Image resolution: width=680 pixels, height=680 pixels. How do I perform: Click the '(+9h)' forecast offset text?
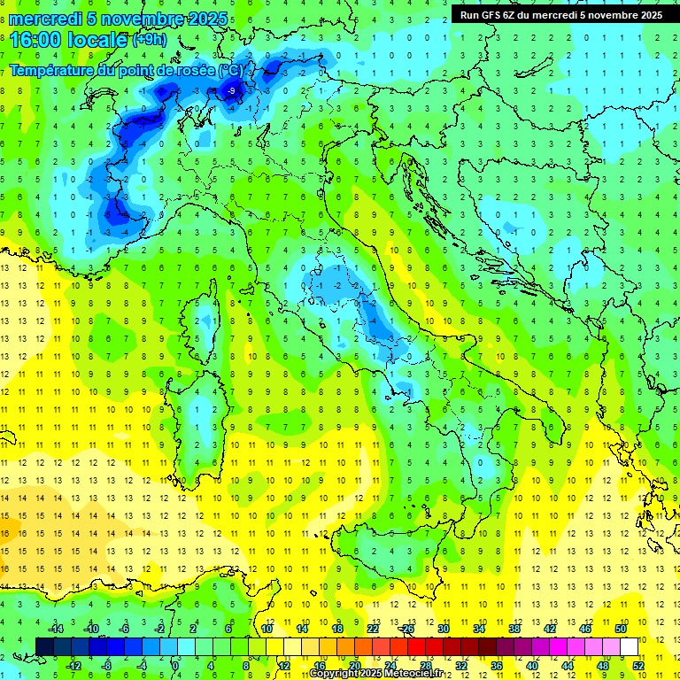tap(148, 40)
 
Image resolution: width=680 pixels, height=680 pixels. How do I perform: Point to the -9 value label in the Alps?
tap(232, 90)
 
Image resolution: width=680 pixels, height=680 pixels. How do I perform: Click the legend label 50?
tap(620, 628)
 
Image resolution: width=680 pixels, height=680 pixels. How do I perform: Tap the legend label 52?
tap(637, 665)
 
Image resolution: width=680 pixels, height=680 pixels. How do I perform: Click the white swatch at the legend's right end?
tap(629, 646)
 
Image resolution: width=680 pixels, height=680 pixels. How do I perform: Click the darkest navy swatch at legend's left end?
tap(44, 646)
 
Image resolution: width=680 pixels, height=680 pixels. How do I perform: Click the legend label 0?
tap(175, 665)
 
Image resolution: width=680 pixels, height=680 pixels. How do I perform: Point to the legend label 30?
tap(443, 628)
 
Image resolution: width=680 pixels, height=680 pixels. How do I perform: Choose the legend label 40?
tap(531, 665)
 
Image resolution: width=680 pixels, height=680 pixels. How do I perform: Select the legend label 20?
tap(354, 665)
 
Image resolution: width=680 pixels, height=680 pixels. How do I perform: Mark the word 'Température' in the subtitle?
tap(53, 70)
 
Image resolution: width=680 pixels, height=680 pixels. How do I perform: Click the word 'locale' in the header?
tap(97, 40)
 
